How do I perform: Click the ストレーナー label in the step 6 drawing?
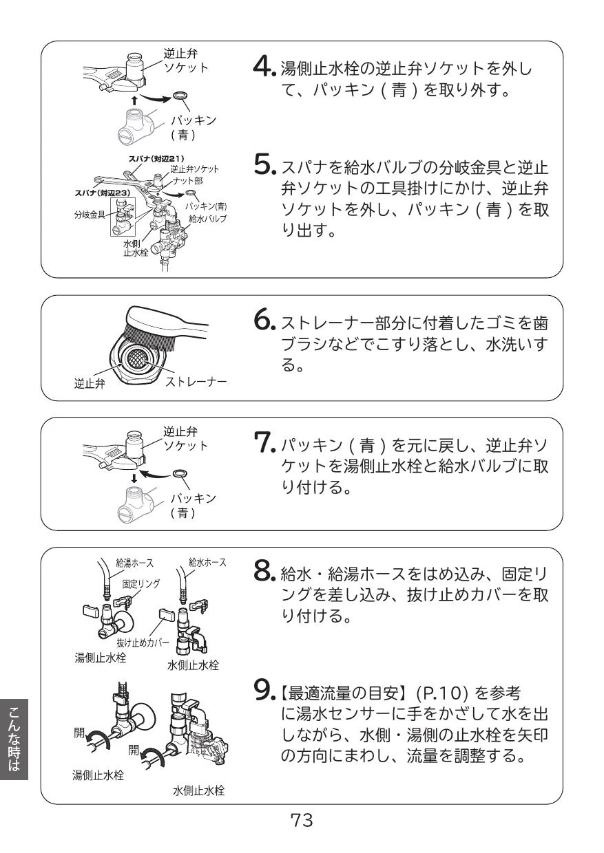point(196,382)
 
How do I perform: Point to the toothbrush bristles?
point(147,336)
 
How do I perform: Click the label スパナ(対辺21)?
point(156,158)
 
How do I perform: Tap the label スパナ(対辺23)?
point(102,193)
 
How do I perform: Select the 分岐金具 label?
point(90,215)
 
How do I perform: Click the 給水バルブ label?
point(208,219)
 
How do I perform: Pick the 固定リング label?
point(141,584)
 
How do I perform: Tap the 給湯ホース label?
point(134,563)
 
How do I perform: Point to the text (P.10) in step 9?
point(441,694)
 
